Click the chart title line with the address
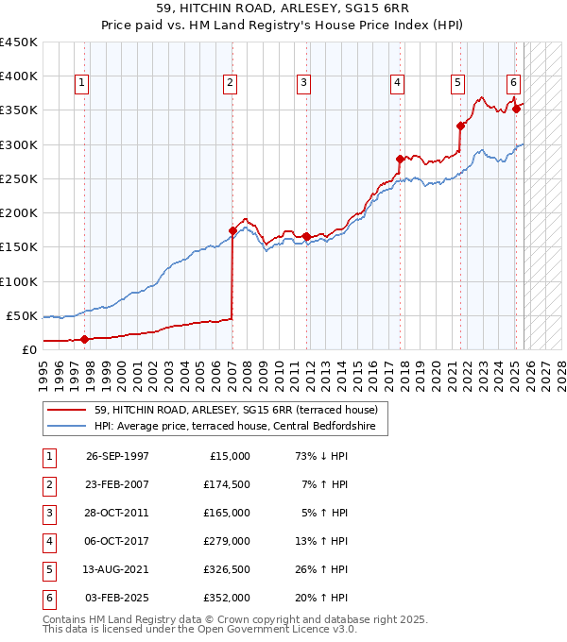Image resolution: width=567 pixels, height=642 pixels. [283, 8]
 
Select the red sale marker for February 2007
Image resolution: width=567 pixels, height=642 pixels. [232, 229]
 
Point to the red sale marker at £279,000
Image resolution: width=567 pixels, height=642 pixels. [400, 159]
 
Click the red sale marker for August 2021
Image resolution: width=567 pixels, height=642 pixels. [460, 126]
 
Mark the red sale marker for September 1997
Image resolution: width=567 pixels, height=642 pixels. [85, 339]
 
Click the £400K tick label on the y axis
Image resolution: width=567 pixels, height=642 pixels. [19, 76]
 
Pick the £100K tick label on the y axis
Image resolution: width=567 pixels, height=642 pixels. [19, 281]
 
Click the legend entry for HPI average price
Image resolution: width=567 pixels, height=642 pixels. [234, 427]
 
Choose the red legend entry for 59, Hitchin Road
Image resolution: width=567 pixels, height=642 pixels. [235, 410]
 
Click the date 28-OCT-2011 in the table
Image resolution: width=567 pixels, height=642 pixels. [117, 513]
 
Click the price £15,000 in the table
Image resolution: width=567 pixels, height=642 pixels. [230, 456]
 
